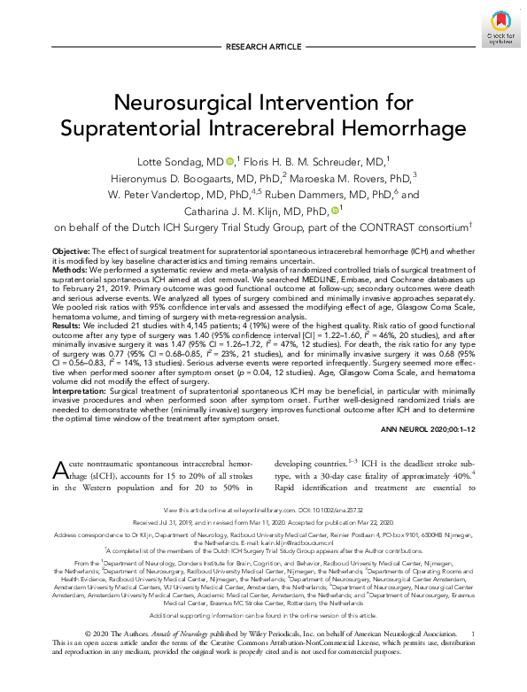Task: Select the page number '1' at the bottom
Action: click(x=473, y=658)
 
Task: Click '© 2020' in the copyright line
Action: click(x=97, y=658)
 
